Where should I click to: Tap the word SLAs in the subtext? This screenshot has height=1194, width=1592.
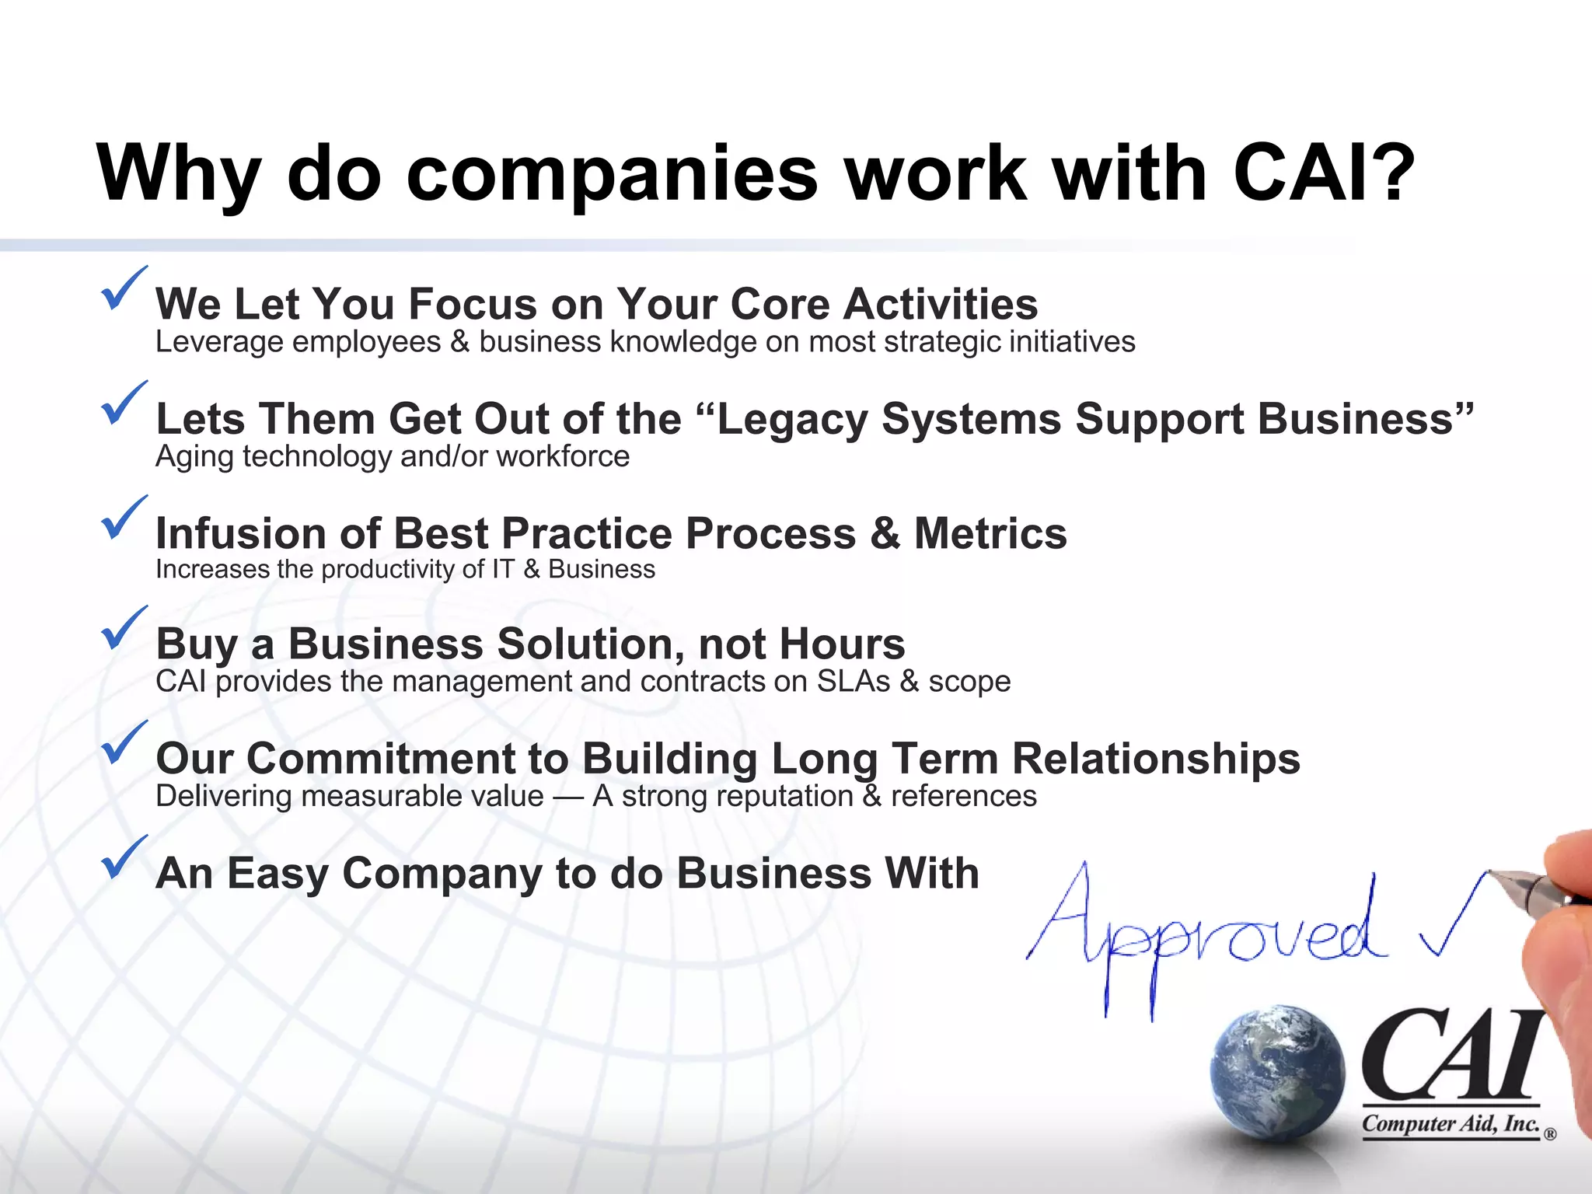(x=853, y=682)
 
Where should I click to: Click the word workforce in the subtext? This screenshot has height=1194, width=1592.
(x=563, y=457)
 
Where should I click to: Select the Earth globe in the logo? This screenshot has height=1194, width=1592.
(x=1277, y=1074)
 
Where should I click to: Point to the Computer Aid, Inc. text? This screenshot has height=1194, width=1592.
(x=1451, y=1124)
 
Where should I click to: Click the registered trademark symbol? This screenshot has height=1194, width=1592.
(x=1550, y=1134)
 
